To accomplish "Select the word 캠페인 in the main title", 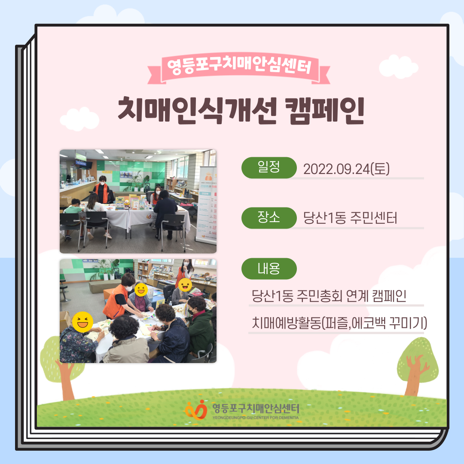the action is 324,110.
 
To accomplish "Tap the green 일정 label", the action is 269,168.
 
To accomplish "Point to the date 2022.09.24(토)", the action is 346,169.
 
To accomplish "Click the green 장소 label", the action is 269,218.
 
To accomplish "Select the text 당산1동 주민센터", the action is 350,218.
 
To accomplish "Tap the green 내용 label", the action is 269,269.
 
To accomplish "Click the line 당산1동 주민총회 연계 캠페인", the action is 329,296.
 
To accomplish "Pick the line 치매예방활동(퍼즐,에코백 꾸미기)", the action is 339,323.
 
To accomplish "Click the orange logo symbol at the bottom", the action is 196,409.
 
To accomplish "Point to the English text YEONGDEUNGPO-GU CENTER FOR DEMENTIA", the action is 256,418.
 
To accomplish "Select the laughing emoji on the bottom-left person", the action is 82,322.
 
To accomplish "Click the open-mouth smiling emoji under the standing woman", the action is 185,285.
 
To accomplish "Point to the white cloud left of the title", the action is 79,119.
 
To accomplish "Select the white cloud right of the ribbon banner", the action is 398,67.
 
